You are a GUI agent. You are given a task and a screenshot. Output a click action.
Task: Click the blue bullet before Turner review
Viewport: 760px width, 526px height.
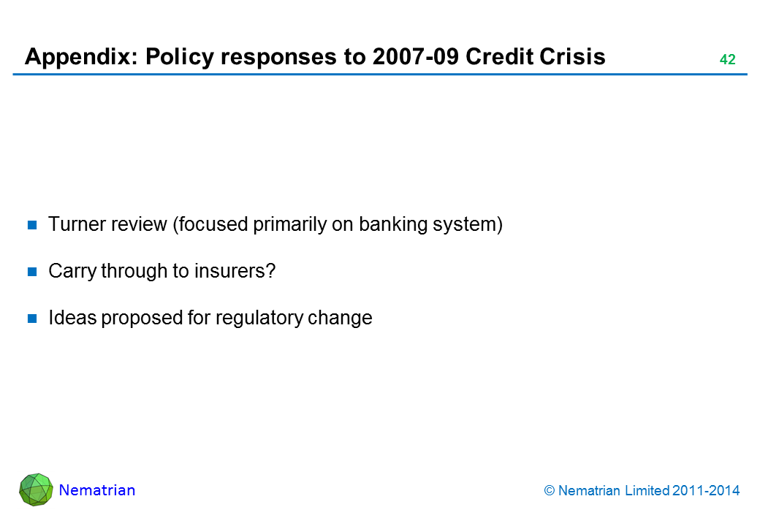point(33,225)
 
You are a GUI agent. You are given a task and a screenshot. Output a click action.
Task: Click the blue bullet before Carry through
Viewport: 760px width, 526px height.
point(33,272)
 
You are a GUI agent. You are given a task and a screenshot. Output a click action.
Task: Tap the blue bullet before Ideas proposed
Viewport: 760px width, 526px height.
point(33,319)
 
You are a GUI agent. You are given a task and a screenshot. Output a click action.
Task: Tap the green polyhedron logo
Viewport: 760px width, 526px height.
point(36,489)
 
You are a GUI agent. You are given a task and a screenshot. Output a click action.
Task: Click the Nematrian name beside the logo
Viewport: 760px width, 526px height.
point(97,490)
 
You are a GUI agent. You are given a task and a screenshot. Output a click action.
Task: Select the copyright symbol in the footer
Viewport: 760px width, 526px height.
point(550,491)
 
